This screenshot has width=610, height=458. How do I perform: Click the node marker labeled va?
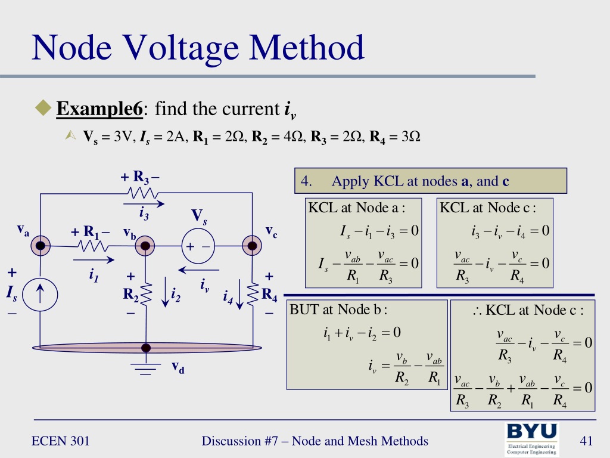(41, 246)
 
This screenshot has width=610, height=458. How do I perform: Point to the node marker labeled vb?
(145, 246)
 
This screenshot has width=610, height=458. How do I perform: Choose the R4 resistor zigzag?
(252, 294)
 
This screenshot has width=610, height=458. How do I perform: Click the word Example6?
(99, 110)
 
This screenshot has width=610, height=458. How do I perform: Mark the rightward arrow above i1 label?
(93, 259)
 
